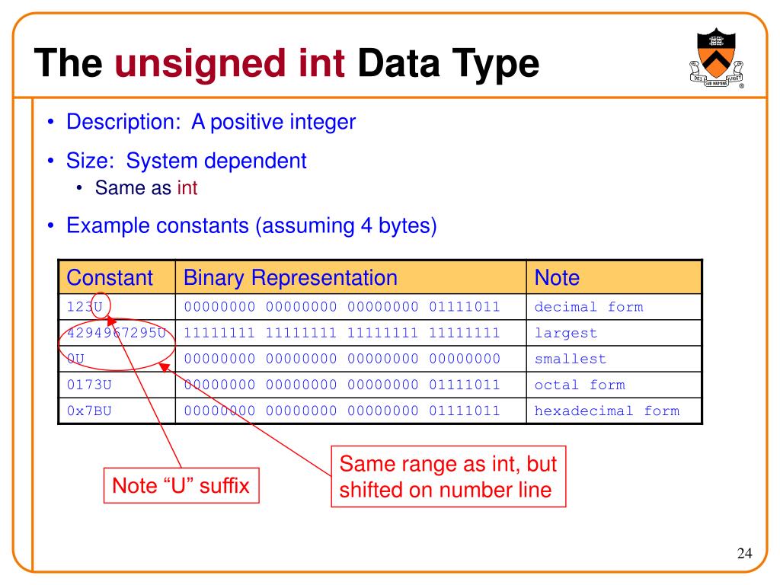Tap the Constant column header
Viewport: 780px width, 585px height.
[110, 277]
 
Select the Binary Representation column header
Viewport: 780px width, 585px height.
[290, 277]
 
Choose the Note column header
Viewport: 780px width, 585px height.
[557, 277]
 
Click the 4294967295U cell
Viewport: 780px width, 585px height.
[117, 333]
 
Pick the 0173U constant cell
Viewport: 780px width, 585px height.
[90, 385]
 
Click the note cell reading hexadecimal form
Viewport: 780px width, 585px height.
[606, 411]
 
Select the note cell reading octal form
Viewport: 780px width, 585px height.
[580, 385]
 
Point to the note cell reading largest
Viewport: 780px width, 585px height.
[566, 333]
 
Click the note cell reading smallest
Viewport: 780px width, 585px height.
[571, 359]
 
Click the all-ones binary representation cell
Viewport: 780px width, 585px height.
[342, 333]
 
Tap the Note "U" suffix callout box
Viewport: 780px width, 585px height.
[181, 485]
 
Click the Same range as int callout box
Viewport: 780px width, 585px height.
[449, 476]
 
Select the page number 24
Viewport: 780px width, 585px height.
[744, 553]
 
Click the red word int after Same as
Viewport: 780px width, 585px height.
[187, 188]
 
